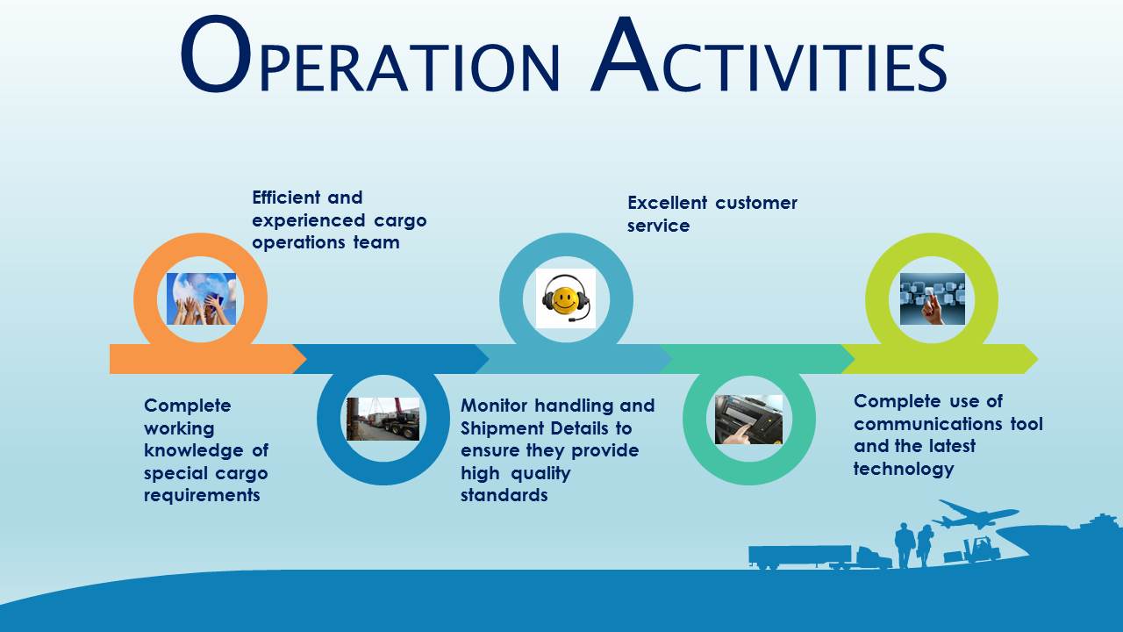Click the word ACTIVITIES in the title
coord(769,56)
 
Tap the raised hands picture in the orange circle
coord(201,298)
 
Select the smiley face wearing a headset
coord(566,298)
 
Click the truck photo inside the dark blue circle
coord(383,419)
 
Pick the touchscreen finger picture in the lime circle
coord(932,298)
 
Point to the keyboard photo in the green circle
coord(748,420)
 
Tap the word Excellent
coord(668,203)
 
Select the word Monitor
coord(495,406)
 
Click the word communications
coord(924,424)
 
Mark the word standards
coord(504,495)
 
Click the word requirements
coord(202,495)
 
